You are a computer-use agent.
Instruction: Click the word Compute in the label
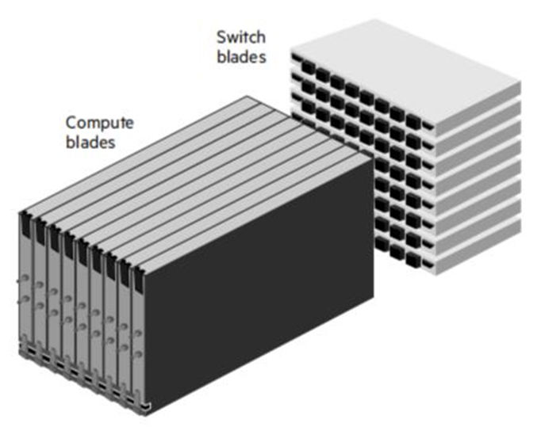point(100,123)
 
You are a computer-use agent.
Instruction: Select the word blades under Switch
point(241,56)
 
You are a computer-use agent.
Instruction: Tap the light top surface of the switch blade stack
point(405,59)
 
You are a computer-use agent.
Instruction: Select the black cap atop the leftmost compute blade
point(25,224)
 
